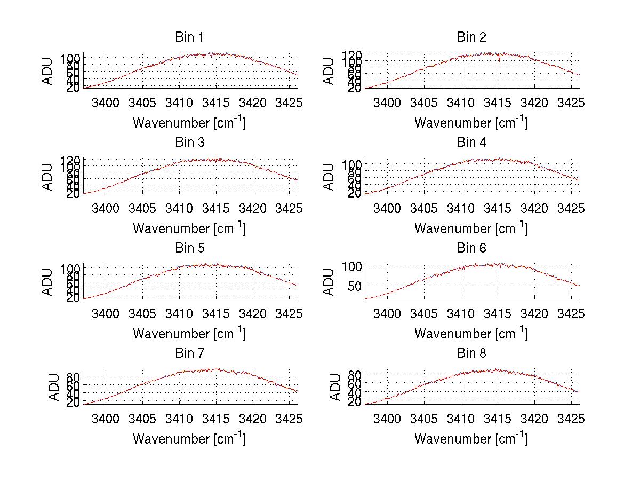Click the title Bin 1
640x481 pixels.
click(x=189, y=37)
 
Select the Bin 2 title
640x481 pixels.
click(x=471, y=37)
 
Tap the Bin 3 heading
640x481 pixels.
click(x=189, y=143)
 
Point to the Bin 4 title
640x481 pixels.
click(x=471, y=143)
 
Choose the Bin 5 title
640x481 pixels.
click(x=189, y=248)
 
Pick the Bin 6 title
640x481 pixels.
click(x=471, y=248)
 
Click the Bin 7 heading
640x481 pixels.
click(x=189, y=353)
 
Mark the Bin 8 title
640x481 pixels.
click(x=471, y=353)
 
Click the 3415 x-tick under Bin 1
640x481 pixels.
click(x=216, y=103)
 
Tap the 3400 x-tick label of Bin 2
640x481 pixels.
click(x=387, y=103)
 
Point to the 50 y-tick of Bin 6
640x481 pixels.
click(x=356, y=286)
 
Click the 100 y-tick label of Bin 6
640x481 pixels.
click(x=353, y=266)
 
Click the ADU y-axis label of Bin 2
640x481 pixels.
click(x=330, y=71)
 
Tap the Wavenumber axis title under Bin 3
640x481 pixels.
click(x=189, y=228)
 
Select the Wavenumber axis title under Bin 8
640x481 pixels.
click(x=471, y=439)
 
